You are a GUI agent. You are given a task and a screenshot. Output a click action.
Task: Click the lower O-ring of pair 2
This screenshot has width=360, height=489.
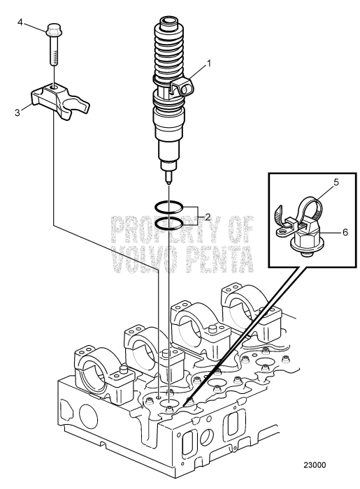pyautogui.click(x=170, y=223)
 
